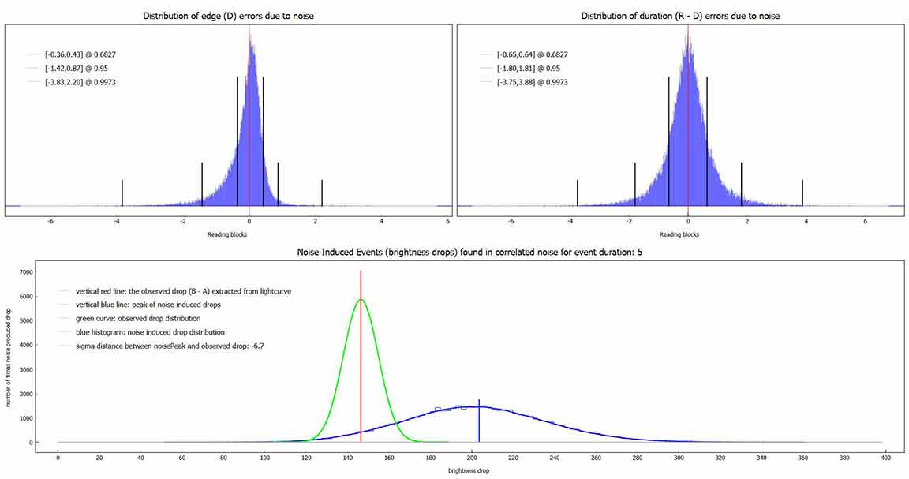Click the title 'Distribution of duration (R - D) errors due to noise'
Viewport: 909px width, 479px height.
680,16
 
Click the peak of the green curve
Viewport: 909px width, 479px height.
361,300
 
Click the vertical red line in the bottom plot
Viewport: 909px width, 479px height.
361,355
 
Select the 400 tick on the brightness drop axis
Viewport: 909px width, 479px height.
885,457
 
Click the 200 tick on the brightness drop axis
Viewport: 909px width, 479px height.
472,457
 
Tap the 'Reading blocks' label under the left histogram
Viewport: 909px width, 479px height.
226,234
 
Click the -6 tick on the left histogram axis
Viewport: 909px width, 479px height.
50,222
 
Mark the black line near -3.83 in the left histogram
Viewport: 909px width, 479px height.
122,193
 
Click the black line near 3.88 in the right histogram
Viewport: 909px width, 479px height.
802,193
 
